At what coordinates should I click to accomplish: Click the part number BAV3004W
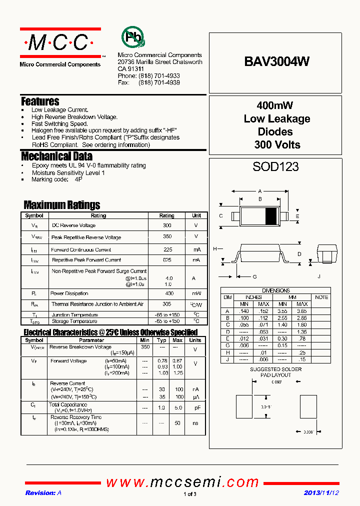coord(276,61)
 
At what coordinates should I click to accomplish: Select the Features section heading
coord(40,101)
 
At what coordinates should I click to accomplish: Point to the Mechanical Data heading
coord(56,156)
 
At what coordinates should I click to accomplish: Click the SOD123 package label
coord(275,166)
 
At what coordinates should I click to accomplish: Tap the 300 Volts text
coord(275,145)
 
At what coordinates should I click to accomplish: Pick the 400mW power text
coord(274,105)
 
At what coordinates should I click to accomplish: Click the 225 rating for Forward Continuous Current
coord(167,249)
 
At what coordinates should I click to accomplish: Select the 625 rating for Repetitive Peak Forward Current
coord(167,260)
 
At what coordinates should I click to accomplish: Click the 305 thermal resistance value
coord(167,304)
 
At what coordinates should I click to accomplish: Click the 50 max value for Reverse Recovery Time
coord(177,423)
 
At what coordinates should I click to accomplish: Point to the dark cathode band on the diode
coord(270,216)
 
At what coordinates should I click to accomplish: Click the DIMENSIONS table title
coord(275,290)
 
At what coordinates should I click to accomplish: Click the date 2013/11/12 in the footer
coord(321,492)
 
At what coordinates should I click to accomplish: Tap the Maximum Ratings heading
coord(62,205)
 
